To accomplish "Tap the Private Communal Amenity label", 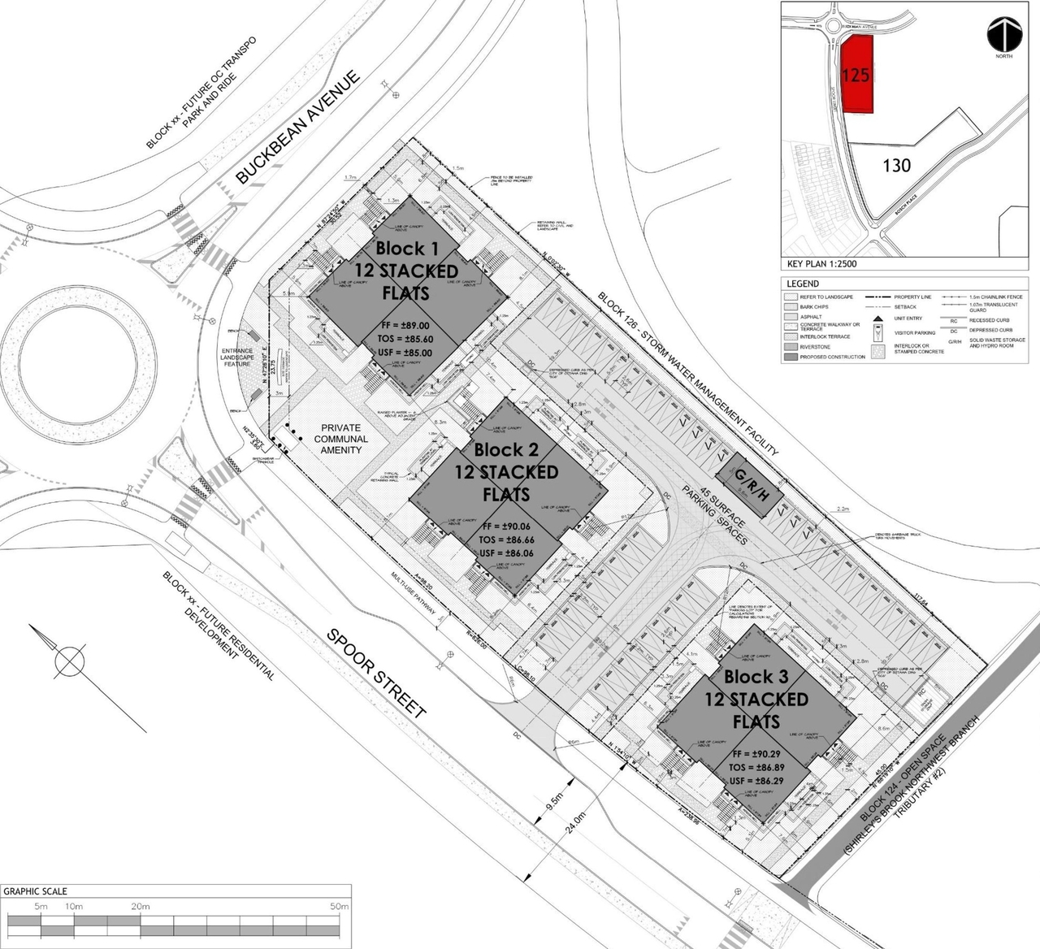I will pyautogui.click(x=341, y=439).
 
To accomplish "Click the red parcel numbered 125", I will pyautogui.click(x=856, y=76).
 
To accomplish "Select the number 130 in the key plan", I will pyautogui.click(x=896, y=166).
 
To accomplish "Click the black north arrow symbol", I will pyautogui.click(x=1004, y=34).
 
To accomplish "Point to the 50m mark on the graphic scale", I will pyautogui.click(x=339, y=906).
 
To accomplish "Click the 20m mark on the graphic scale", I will pyautogui.click(x=141, y=906).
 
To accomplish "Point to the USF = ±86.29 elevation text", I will pyautogui.click(x=756, y=781).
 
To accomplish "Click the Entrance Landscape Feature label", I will pyautogui.click(x=237, y=357).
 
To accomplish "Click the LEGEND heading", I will pyautogui.click(x=803, y=284).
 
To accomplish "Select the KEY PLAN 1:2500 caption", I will pyautogui.click(x=822, y=263).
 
